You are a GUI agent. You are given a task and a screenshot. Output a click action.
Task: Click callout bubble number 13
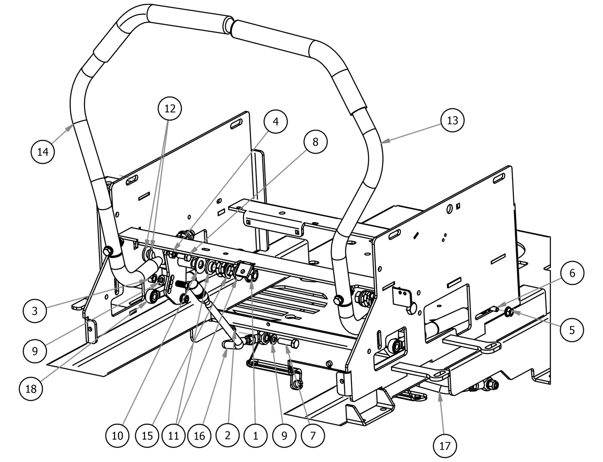453,121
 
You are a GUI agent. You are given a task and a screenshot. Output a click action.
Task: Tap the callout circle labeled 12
170,109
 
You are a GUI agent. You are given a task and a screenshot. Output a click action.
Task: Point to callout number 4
276,122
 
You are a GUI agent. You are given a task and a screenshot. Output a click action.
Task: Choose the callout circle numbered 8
315,142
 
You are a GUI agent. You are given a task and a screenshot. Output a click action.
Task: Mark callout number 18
31,389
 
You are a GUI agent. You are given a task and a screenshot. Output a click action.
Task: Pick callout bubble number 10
117,435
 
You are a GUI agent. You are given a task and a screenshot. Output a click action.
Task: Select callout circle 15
147,435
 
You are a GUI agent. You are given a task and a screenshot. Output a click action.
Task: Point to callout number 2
228,435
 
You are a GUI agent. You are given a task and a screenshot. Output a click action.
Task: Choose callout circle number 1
255,435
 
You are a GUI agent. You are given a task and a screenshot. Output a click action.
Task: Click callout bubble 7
313,435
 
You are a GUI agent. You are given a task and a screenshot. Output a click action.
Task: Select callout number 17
445,446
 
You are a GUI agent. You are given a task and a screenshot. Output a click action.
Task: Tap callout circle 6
572,273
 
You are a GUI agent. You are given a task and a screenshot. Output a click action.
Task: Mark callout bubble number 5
572,330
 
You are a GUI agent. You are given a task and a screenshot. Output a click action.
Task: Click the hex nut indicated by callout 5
509,311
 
